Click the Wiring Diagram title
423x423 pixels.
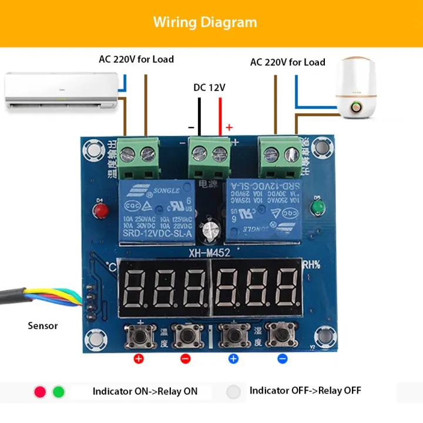pyautogui.click(x=205, y=22)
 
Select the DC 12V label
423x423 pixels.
pyautogui.click(x=210, y=88)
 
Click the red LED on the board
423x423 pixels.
pyautogui.click(x=100, y=209)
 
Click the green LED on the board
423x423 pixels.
pyautogui.click(x=318, y=207)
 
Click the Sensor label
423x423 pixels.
pyautogui.click(x=43, y=325)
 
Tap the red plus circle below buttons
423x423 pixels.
pyautogui.click(x=139, y=358)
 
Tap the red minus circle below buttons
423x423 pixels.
pyautogui.click(x=186, y=358)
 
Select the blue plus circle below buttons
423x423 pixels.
pyautogui.click(x=233, y=358)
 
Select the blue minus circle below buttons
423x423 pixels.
pyautogui.click(x=283, y=358)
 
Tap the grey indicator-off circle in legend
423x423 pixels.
pyautogui.click(x=234, y=391)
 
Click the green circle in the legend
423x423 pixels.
pyautogui.click(x=59, y=391)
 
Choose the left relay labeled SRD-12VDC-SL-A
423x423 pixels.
pyautogui.click(x=157, y=211)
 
